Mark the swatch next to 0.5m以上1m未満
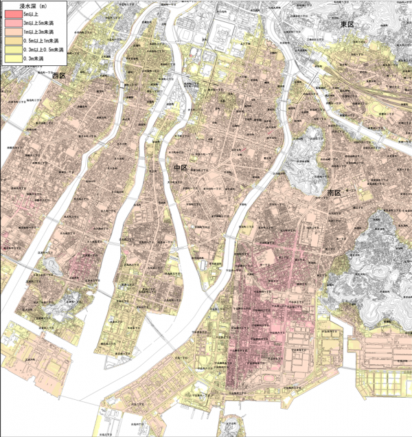click(10, 42)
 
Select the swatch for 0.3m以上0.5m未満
click(10, 51)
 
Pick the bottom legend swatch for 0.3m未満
click(10, 60)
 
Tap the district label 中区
click(181, 167)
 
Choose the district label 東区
click(348, 25)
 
